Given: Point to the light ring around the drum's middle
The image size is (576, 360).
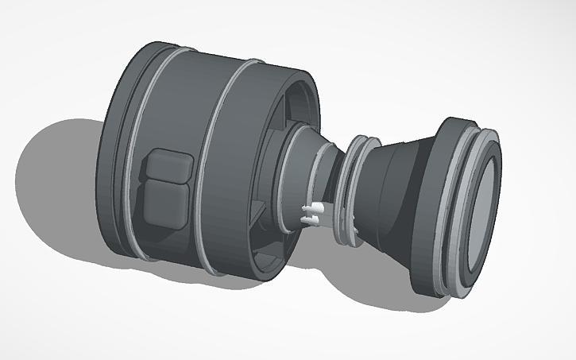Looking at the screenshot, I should tap(214, 159).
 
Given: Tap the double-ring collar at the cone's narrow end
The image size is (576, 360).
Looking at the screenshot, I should tap(350, 191).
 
